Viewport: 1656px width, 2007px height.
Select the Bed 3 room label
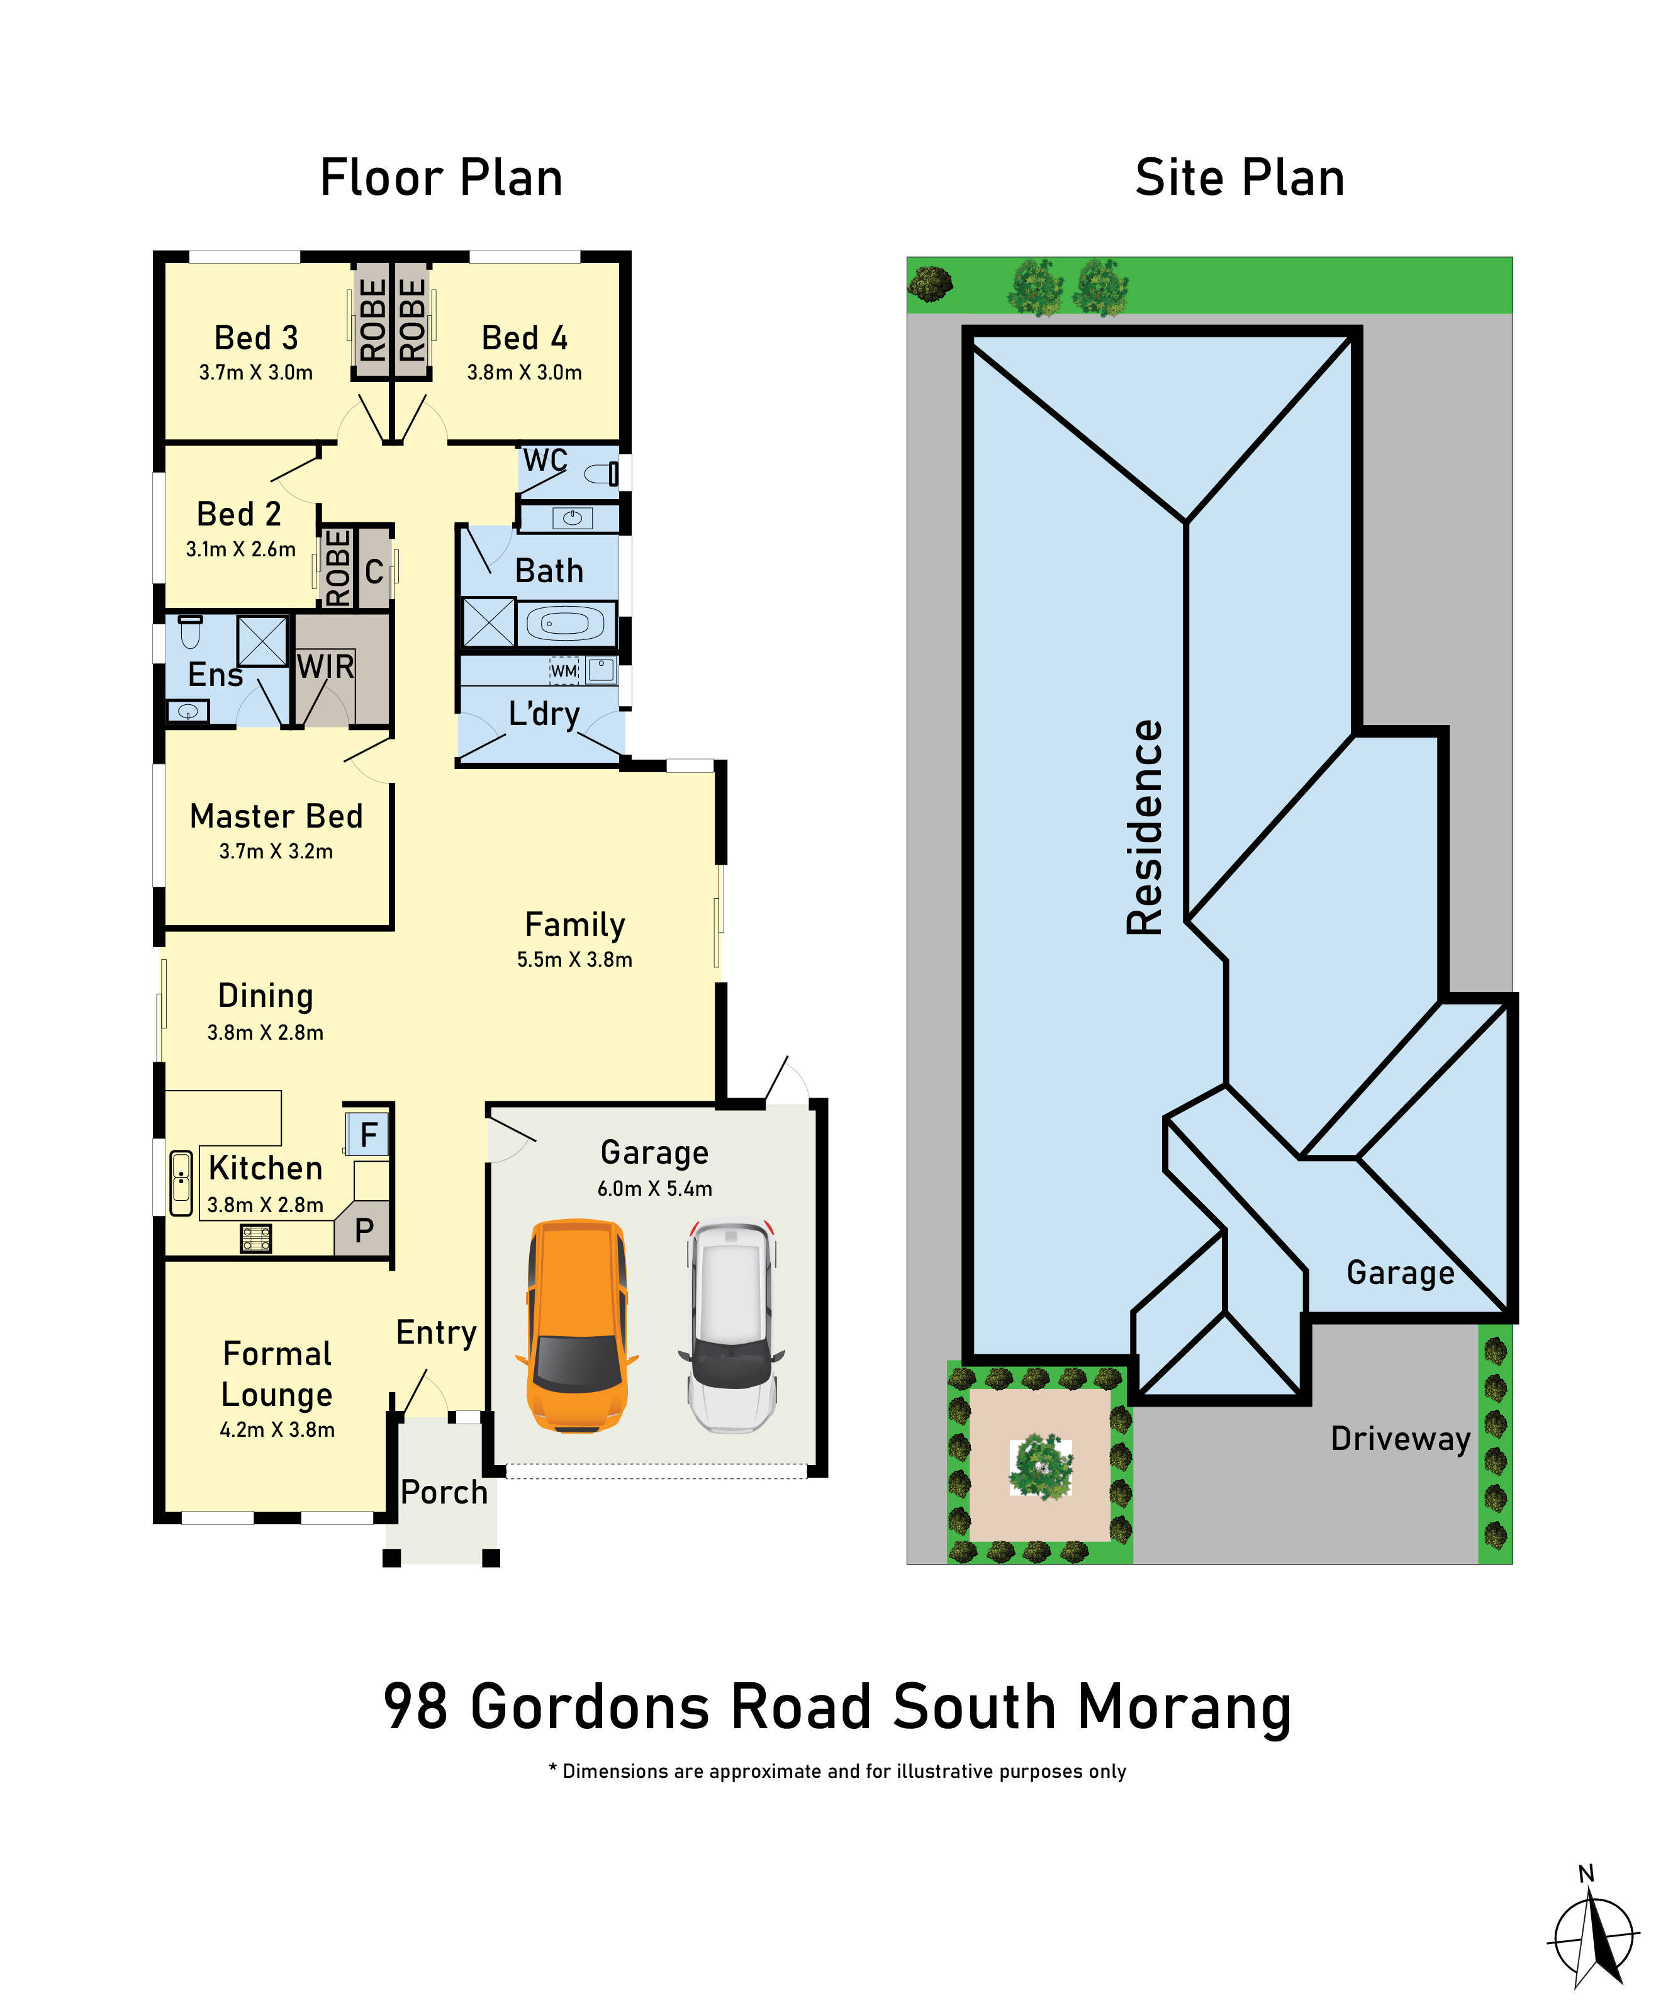click(x=255, y=338)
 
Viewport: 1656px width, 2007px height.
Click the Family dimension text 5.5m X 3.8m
click(x=574, y=959)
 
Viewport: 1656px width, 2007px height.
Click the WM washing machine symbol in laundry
click(x=564, y=671)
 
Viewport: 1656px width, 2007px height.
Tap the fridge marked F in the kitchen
click(x=368, y=1135)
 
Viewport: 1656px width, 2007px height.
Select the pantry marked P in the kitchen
click(x=364, y=1231)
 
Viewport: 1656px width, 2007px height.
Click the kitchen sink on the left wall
click(x=181, y=1183)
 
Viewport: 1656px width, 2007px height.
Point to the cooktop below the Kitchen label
click(x=255, y=1239)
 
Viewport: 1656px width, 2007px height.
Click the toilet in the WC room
click(x=601, y=473)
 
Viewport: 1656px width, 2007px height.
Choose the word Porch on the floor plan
click(x=444, y=1492)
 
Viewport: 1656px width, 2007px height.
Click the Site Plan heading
click(x=1239, y=179)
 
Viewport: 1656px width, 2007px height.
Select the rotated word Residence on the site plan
click(x=1144, y=826)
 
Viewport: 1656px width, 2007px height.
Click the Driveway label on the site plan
click(x=1399, y=1438)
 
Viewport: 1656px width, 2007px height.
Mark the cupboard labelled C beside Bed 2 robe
click(x=374, y=571)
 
